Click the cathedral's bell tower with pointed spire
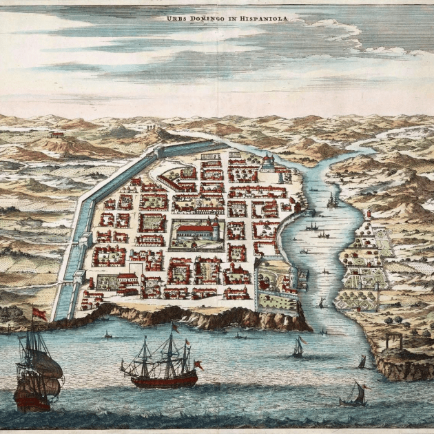pyautogui.click(x=216, y=227)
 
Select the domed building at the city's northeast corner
pyautogui.click(x=267, y=163)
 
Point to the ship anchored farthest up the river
pyautogui.click(x=333, y=200)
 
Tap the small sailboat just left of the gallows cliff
pyautogui.click(x=362, y=362)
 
